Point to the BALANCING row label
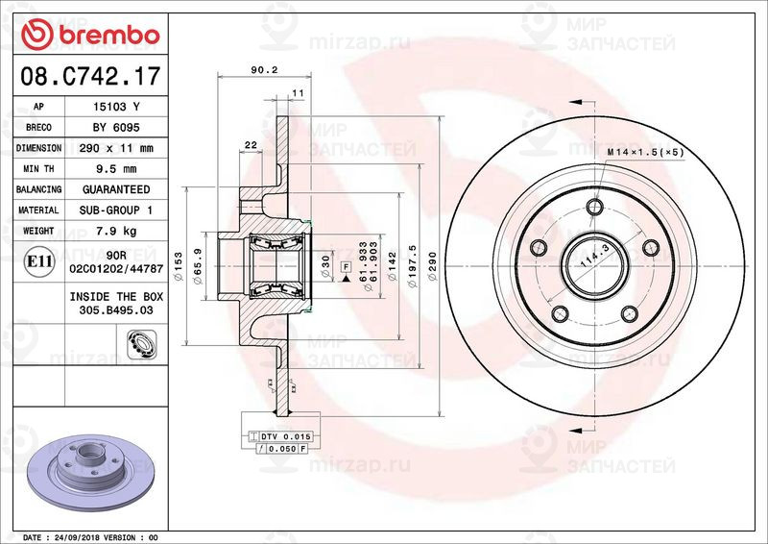[38, 189]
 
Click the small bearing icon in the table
[140, 339]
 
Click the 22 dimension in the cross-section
[251, 144]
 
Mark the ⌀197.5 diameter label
[410, 260]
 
